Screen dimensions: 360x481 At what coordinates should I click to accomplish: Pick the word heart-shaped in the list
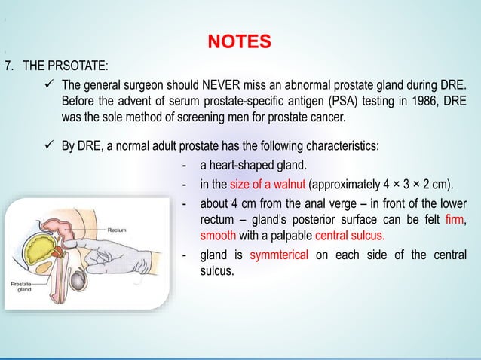[x=239, y=166]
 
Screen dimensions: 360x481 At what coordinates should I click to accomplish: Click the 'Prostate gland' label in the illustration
[x=21, y=287]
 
